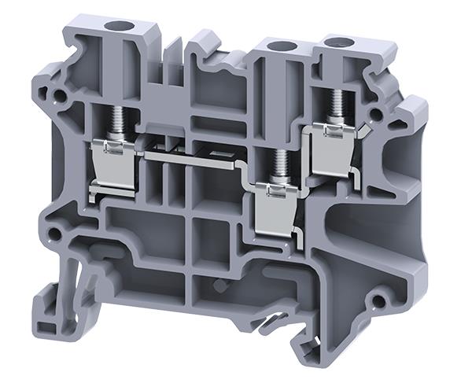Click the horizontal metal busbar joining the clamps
(x=197, y=157)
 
